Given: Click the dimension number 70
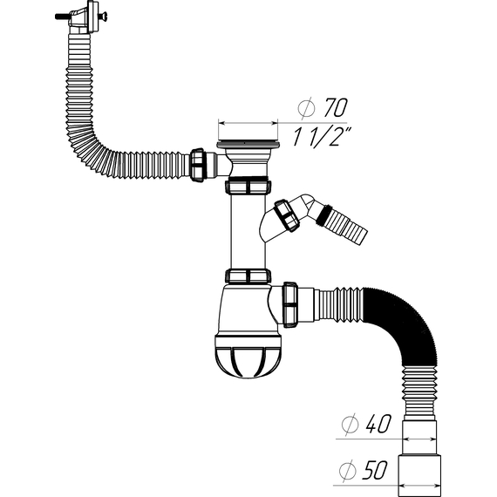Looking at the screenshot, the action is [336, 107].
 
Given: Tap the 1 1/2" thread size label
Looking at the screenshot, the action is [321, 137].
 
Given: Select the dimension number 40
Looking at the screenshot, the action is [378, 424].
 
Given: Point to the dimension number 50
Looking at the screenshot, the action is [376, 470].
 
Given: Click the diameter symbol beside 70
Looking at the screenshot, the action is [307, 108].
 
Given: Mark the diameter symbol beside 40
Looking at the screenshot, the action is [350, 424].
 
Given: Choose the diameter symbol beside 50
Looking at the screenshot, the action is [347, 470].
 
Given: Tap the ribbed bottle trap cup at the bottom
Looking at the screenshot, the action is [248, 355].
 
